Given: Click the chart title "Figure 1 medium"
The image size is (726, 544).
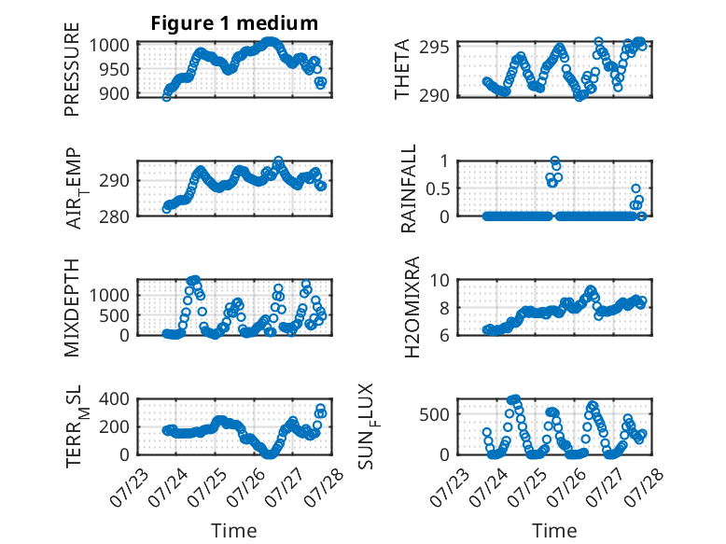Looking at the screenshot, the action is pyautogui.click(x=234, y=23).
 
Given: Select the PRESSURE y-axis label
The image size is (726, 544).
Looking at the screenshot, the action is pyautogui.click(x=72, y=69).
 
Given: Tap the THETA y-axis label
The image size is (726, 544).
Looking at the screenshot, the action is pyautogui.click(x=402, y=69).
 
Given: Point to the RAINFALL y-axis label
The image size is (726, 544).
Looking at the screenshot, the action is pyautogui.click(x=409, y=188).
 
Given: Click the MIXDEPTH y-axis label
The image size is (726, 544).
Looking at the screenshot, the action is pyautogui.click(x=72, y=307).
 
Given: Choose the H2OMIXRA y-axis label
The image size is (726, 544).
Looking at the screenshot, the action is pyautogui.click(x=412, y=307).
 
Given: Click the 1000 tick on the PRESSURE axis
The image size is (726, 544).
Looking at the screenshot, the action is pyautogui.click(x=109, y=46).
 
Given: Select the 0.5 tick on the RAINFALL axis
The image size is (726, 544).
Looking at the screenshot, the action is pyautogui.click(x=437, y=188).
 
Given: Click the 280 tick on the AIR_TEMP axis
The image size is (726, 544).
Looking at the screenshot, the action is pyautogui.click(x=114, y=216).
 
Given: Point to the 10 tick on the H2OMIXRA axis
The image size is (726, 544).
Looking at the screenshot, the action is pyautogui.click(x=440, y=280).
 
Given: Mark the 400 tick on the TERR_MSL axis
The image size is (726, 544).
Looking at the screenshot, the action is pyautogui.click(x=114, y=398).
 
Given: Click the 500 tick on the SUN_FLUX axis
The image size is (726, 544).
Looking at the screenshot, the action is pyautogui.click(x=434, y=414).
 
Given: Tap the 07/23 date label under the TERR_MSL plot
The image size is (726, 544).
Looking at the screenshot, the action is pyautogui.click(x=129, y=488).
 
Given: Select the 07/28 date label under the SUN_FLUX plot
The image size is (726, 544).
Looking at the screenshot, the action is pyautogui.click(x=645, y=488).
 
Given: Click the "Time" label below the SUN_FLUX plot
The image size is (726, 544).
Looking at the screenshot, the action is pyautogui.click(x=554, y=530).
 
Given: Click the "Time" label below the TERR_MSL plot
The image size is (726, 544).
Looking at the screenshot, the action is pyautogui.click(x=234, y=530).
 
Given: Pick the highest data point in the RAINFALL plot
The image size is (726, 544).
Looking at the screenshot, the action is pyautogui.click(x=554, y=160).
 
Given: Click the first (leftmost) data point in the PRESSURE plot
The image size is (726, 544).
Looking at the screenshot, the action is pyautogui.click(x=166, y=97).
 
